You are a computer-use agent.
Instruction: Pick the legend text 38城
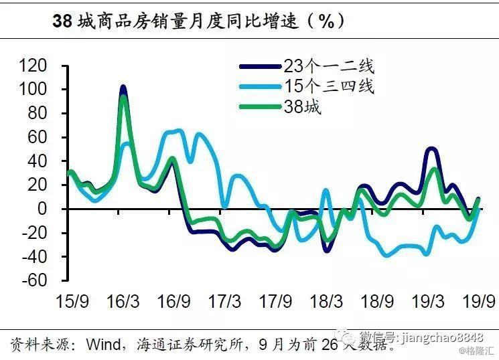tap(301, 106)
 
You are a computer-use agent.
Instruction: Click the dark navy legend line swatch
tap(259, 66)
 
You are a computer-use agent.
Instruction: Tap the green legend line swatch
tap(259, 106)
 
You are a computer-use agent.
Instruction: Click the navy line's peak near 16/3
tap(123, 87)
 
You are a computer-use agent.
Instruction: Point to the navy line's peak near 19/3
tap(431, 149)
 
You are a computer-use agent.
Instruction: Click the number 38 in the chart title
tap(62, 21)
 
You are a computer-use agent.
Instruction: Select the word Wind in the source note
tap(102, 344)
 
